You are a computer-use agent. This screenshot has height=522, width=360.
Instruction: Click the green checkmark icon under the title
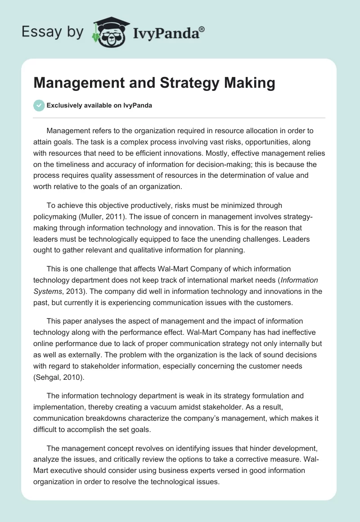pyautogui.click(x=39, y=105)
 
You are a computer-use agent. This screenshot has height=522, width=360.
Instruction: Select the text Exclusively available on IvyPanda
pyautogui.click(x=99, y=105)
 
